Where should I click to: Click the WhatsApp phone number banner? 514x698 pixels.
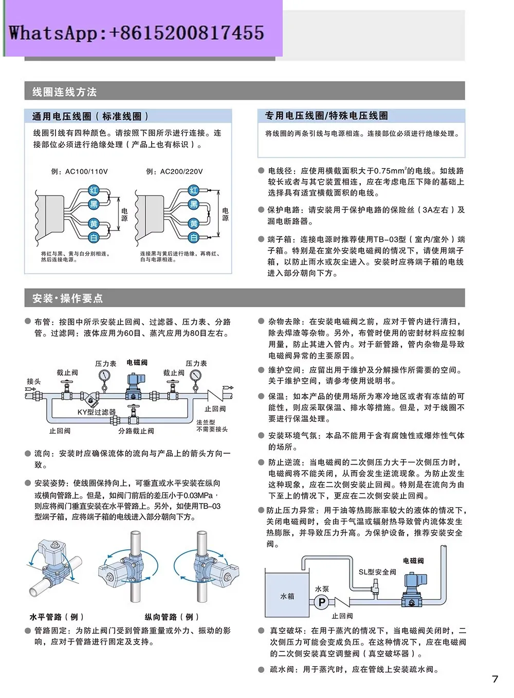[136, 33]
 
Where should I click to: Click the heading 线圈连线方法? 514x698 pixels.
[64, 92]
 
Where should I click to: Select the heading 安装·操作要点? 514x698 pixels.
[67, 298]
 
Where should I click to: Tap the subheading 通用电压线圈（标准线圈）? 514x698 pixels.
[90, 116]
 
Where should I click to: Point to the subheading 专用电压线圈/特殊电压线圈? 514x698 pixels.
[326, 116]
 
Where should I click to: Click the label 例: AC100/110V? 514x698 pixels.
[80, 171]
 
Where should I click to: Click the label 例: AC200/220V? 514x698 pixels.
[174, 171]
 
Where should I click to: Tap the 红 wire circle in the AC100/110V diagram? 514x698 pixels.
[94, 190]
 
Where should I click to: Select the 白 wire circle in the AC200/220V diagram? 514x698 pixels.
[193, 237]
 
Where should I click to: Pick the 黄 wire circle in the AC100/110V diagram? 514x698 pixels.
[94, 224]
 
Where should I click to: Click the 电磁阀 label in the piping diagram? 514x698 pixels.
[137, 363]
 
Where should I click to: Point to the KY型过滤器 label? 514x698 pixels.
[96, 412]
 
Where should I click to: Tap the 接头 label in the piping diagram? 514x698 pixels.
[34, 381]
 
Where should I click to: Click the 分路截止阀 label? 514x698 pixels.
[136, 431]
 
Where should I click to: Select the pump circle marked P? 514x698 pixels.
[322, 602]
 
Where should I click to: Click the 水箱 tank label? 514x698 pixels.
[287, 596]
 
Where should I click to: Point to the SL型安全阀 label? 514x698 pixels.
[377, 571]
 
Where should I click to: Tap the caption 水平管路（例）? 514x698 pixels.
[57, 617]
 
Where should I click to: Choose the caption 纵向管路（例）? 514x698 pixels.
[172, 617]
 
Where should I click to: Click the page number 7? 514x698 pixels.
[494, 679]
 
